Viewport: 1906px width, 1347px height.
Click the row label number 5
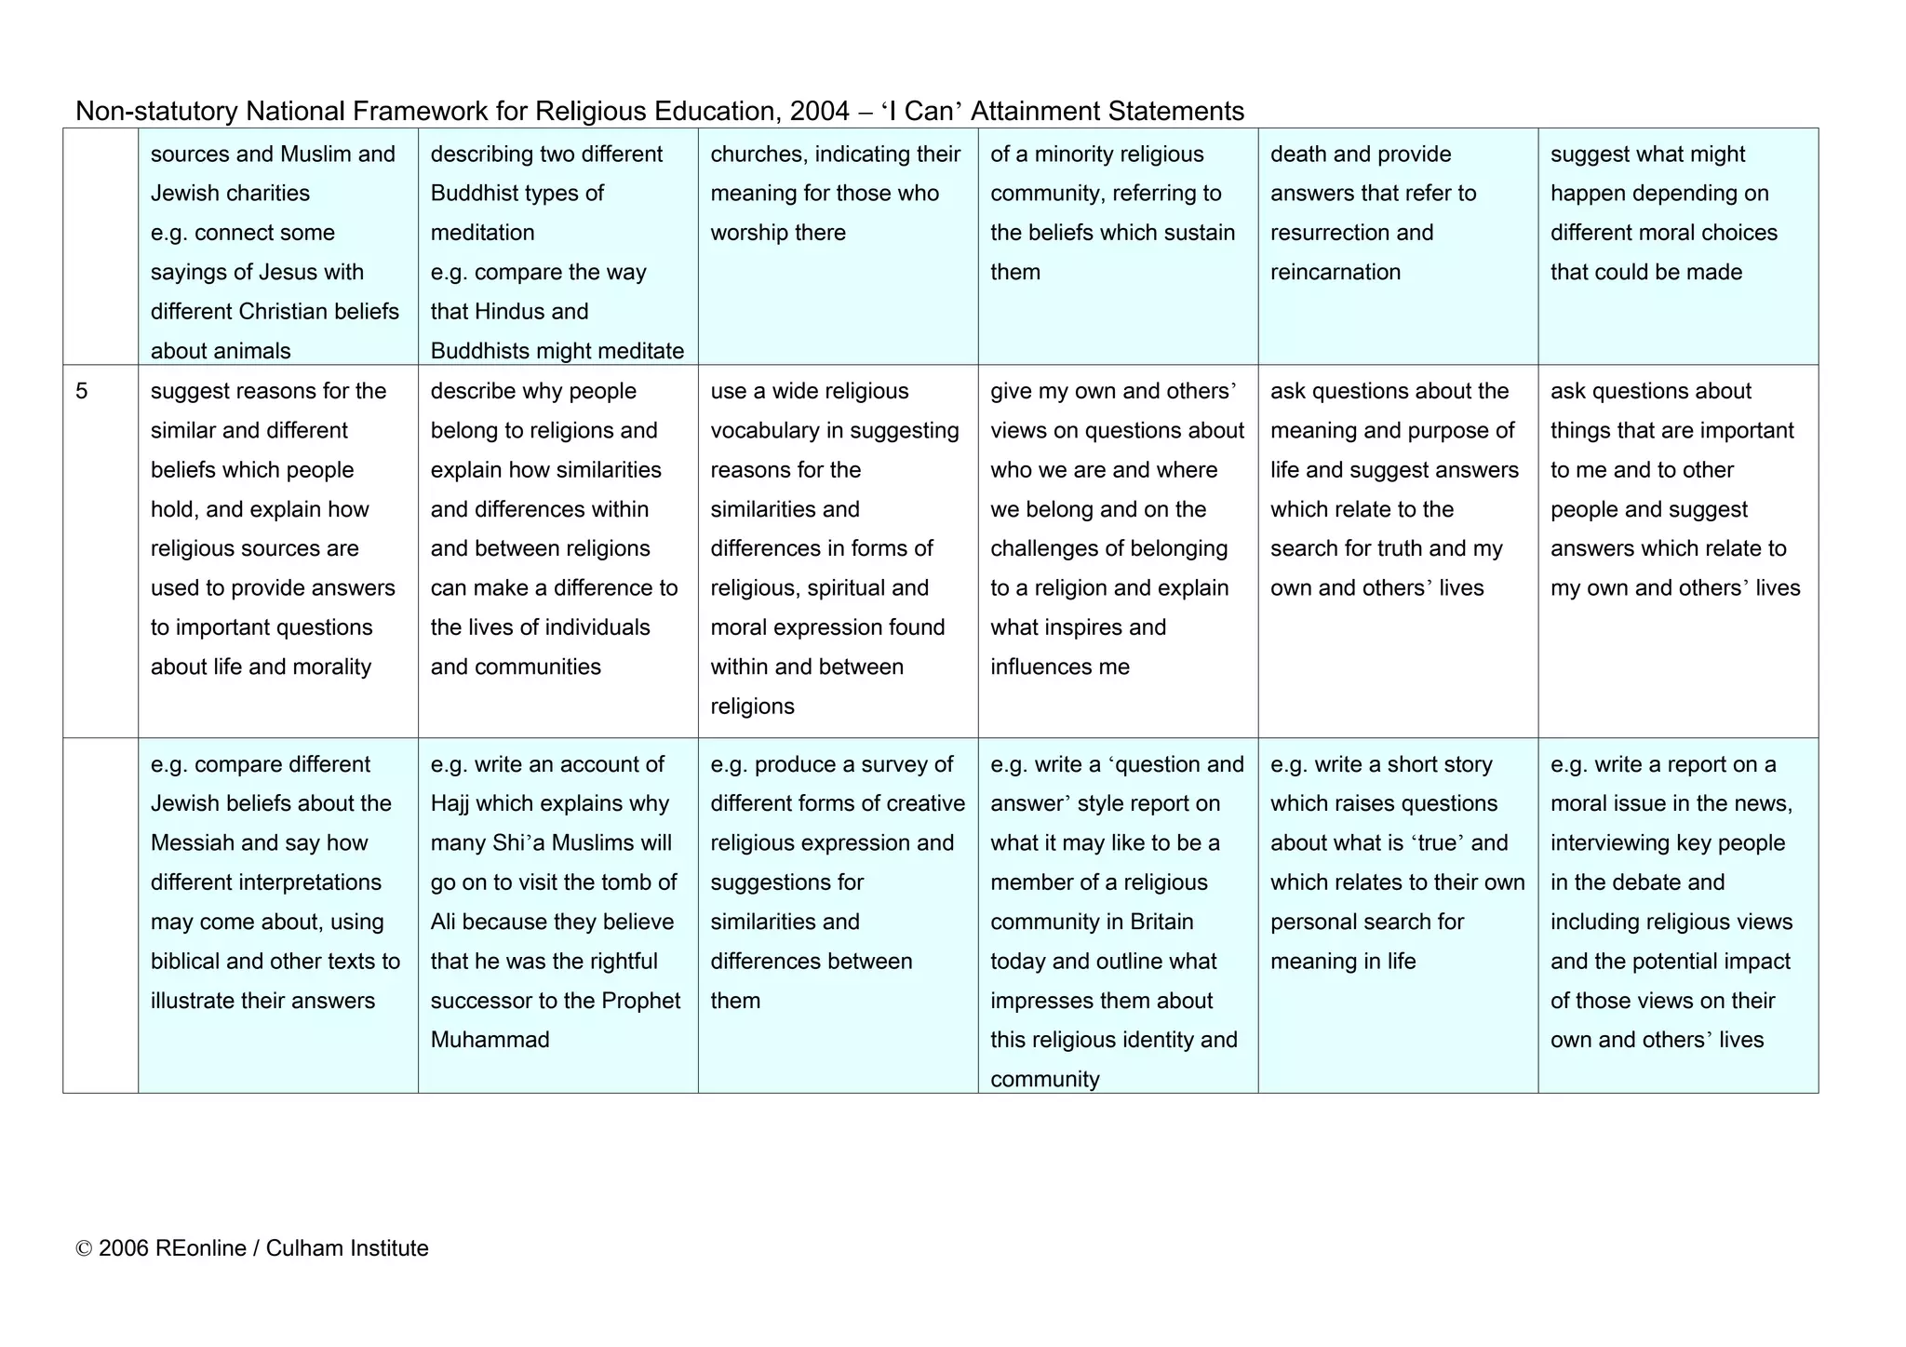tap(82, 391)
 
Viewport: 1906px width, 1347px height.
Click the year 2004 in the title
tap(819, 112)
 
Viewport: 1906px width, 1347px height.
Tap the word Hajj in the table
tap(450, 803)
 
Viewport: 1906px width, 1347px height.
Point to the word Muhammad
tap(490, 1040)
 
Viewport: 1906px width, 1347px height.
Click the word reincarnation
tap(1335, 272)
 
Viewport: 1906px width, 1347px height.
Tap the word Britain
tap(1161, 922)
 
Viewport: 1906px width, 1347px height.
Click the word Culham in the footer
tap(303, 1248)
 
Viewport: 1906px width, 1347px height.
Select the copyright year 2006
tap(124, 1248)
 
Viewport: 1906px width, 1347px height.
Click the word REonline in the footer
tap(200, 1248)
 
